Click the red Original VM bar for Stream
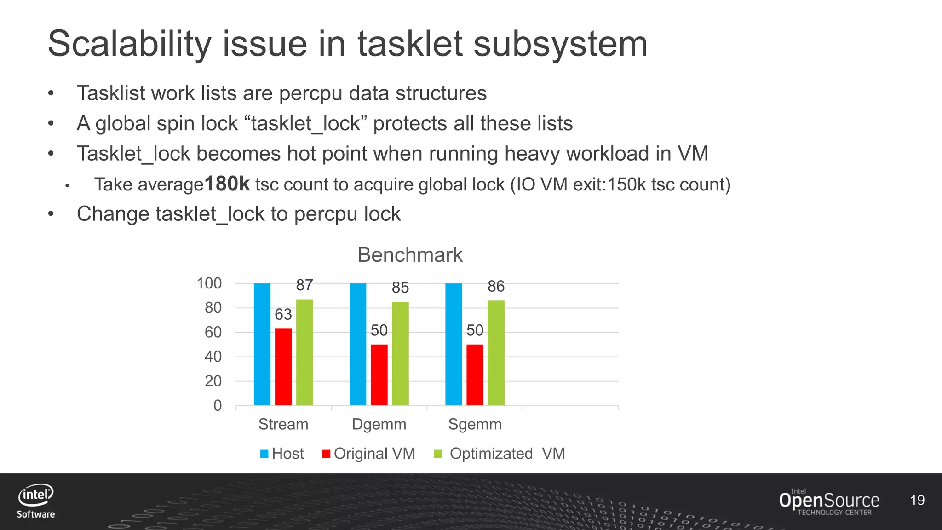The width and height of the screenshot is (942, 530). [283, 367]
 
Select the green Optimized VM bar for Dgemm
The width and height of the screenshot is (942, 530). [400, 353]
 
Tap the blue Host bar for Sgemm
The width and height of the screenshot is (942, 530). [454, 344]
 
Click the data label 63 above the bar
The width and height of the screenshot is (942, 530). [283, 315]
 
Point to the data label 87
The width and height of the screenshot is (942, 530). [304, 285]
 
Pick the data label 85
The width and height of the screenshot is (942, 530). [400, 288]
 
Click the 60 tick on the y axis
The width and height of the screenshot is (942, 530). [213, 332]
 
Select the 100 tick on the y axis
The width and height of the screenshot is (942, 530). [209, 283]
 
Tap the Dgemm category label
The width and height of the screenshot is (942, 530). [379, 424]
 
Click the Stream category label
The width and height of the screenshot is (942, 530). [283, 424]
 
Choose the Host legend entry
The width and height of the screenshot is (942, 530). [282, 454]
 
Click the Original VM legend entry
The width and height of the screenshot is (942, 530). [369, 454]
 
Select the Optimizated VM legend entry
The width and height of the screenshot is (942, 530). [500, 454]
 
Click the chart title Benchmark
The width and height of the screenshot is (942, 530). [410, 255]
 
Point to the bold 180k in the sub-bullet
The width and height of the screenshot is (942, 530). [227, 184]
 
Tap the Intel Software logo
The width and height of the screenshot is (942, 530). [36, 501]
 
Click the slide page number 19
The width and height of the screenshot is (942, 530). [917, 500]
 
